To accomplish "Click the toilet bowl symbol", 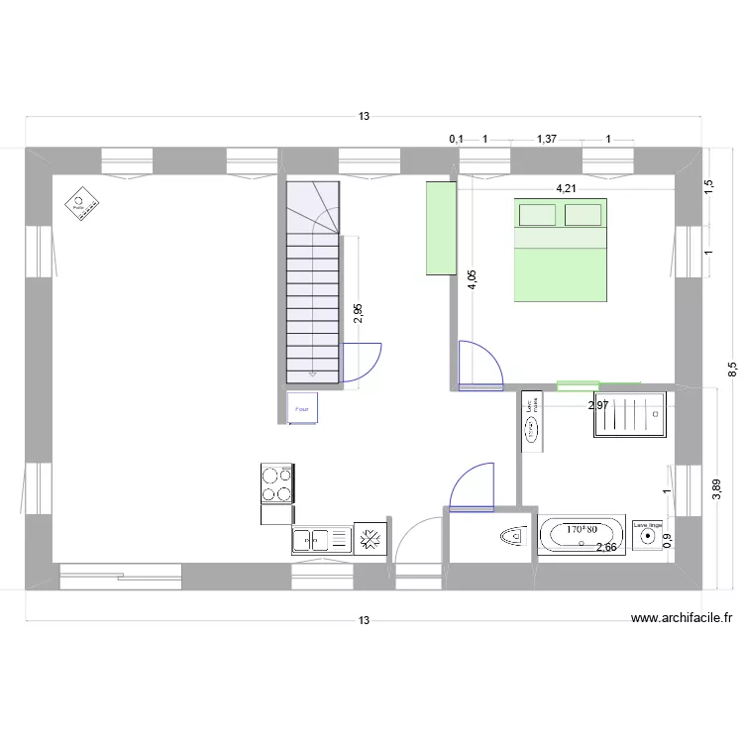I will click(512, 536).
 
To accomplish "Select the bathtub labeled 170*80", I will click(582, 535).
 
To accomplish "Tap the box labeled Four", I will click(302, 407).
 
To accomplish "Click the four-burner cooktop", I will click(277, 484).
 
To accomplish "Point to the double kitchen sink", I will click(322, 540).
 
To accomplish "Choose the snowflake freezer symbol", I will click(371, 540).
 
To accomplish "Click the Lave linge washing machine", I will click(648, 536).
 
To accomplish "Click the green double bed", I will click(560, 250).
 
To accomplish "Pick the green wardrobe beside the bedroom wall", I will click(440, 228).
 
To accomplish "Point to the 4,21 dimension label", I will click(565, 188).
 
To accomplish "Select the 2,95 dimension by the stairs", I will click(358, 313).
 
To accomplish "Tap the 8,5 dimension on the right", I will click(733, 370).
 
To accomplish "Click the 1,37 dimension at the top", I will click(546, 140).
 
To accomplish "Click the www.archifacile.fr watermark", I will click(682, 618).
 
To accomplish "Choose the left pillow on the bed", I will click(536, 215).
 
